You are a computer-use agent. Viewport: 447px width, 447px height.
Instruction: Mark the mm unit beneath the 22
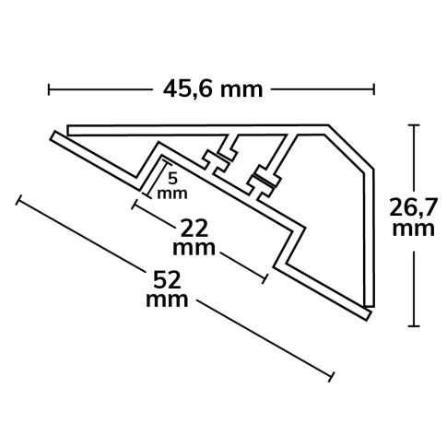[x=195, y=249]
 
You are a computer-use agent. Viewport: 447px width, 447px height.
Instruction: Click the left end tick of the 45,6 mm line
[x=49, y=89]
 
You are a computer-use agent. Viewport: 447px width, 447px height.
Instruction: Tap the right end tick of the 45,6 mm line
[x=373, y=89]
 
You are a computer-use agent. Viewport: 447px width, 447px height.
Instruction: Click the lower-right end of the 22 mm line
[x=266, y=276]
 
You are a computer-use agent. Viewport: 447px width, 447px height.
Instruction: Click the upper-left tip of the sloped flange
[x=53, y=136]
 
